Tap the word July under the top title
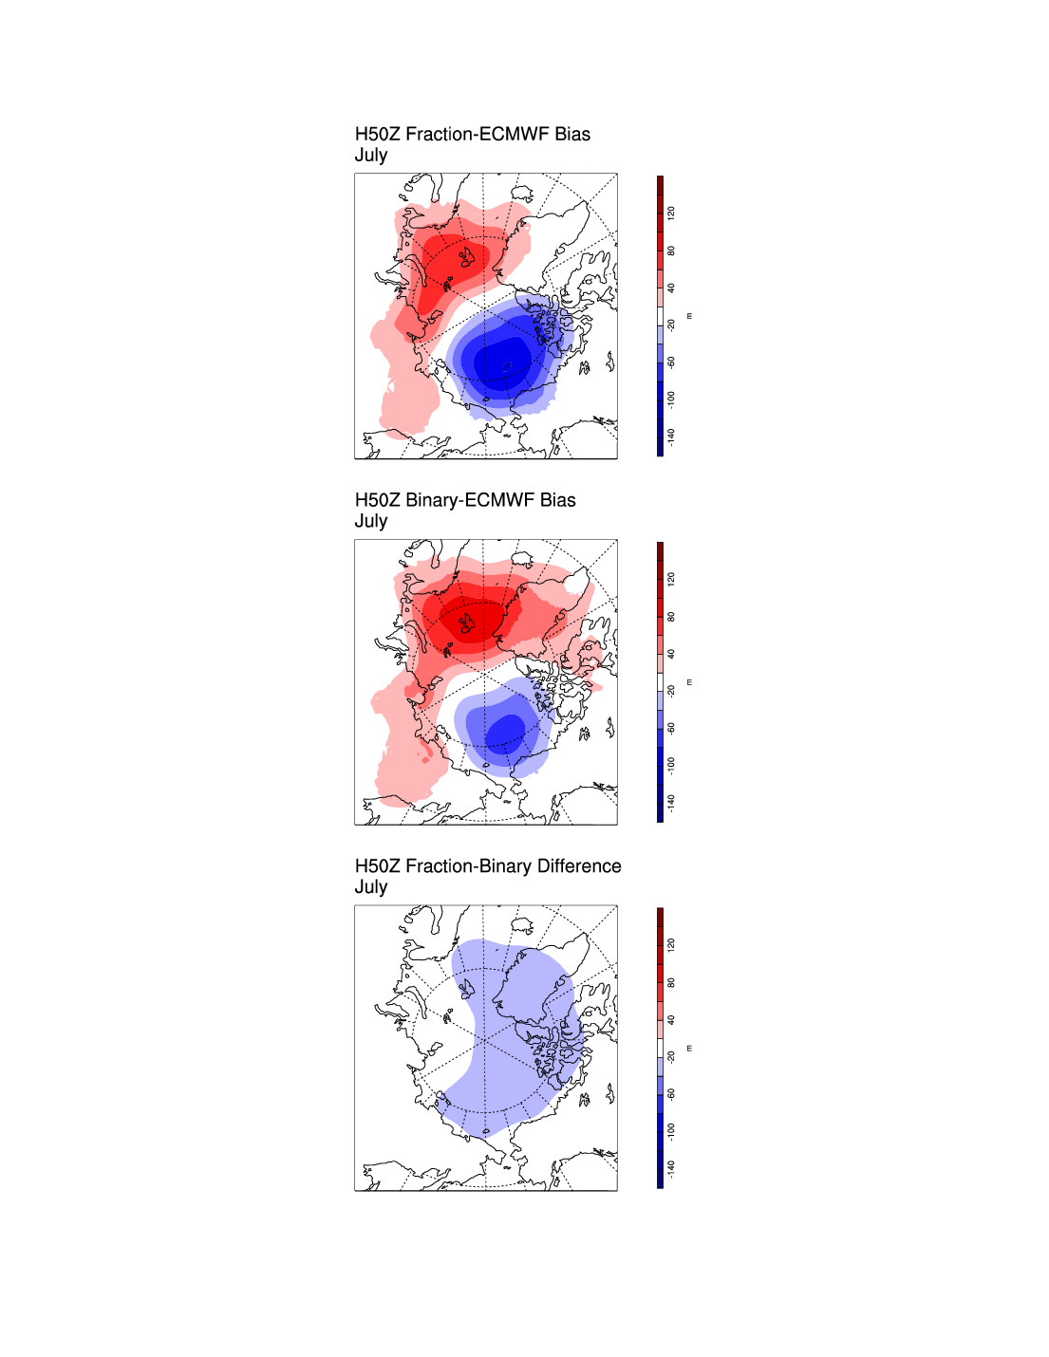pyautogui.click(x=371, y=156)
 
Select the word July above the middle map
pyautogui.click(x=371, y=521)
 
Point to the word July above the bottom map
pyautogui.click(x=371, y=887)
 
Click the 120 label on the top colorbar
pyautogui.click(x=671, y=214)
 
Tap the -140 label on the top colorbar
pyautogui.click(x=671, y=436)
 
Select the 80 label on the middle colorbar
pyautogui.click(x=671, y=617)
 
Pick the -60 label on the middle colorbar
pyautogui.click(x=671, y=728)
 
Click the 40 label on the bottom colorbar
pyautogui.click(x=671, y=1020)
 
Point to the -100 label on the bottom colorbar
pyautogui.click(x=671, y=1130)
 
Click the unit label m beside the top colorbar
pyautogui.click(x=689, y=316)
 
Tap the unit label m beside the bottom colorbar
pyautogui.click(x=689, y=1048)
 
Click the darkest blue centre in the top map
pyautogui.click(x=500, y=362)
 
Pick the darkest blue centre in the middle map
pyautogui.click(x=505, y=731)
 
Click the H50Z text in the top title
pyautogui.click(x=377, y=135)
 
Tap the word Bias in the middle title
pyautogui.click(x=558, y=500)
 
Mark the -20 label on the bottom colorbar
pyautogui.click(x=671, y=1056)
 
